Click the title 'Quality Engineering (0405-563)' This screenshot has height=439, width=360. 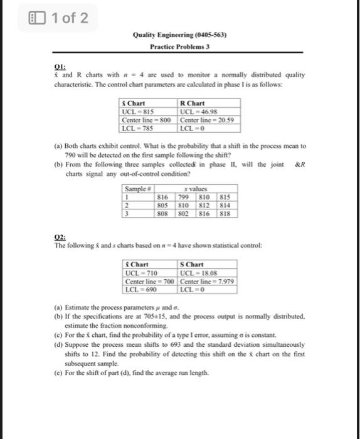(x=179, y=35)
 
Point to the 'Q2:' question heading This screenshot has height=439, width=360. (x=60, y=238)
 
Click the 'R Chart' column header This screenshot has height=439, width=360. (x=191, y=104)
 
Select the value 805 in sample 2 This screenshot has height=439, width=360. (x=163, y=204)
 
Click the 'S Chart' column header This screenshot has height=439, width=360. (x=191, y=265)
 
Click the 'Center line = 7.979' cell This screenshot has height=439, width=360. (x=206, y=280)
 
